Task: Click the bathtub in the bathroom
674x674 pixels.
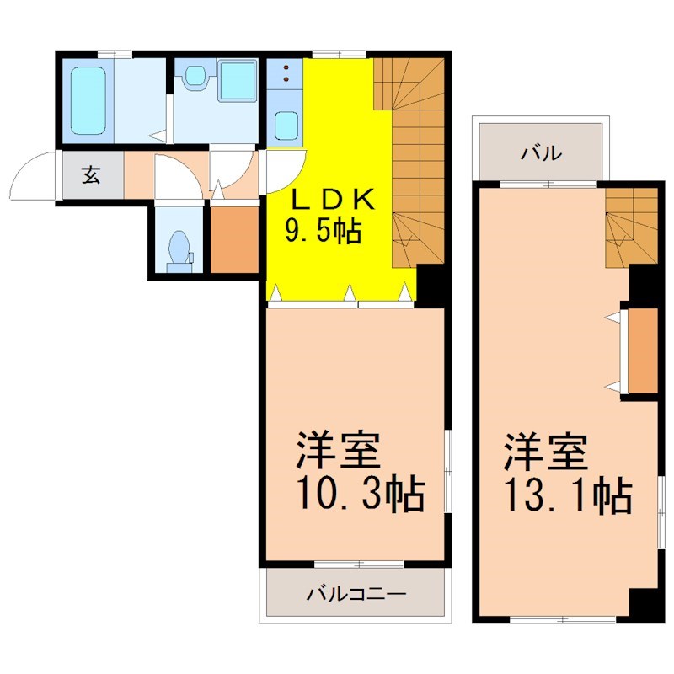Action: coord(88,100)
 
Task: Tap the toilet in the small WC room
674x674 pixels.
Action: coord(179,252)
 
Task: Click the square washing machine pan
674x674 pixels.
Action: coord(238,81)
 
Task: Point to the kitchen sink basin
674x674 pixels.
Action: coord(286,126)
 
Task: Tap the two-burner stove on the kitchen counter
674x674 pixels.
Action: coord(285,73)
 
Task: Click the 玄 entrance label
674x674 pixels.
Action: coord(91,174)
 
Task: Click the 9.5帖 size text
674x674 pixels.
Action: coord(324,231)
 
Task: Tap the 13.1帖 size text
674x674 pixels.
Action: coord(568,495)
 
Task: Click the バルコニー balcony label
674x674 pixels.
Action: coord(356,595)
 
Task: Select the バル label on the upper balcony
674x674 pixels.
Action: coord(542,152)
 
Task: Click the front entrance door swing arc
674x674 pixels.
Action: coord(25,164)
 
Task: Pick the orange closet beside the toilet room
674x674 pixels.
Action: coord(234,240)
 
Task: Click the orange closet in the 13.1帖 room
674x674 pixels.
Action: coord(643,350)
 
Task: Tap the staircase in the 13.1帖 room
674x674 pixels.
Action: coord(631,227)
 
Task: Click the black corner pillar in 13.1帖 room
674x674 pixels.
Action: coord(644,605)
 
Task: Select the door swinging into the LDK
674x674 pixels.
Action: coord(286,171)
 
